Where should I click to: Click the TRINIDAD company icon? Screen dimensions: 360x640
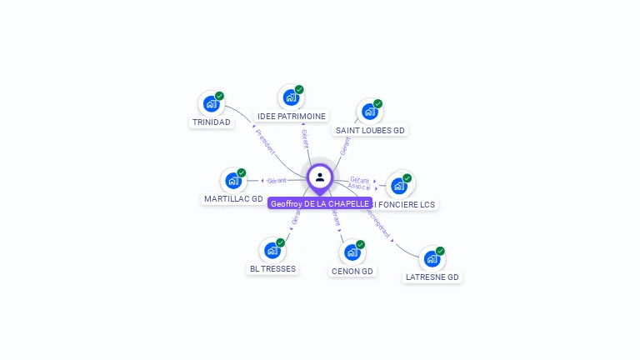tap(210, 105)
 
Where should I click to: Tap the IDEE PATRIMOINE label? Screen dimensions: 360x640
tap(291, 117)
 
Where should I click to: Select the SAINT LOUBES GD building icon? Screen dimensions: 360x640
tap(368, 112)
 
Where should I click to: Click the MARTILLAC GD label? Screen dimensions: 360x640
tap(233, 199)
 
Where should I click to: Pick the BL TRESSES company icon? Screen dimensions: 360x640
tap(271, 251)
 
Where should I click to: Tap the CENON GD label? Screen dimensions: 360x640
tap(352, 271)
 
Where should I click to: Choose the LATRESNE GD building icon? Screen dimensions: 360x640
tap(431, 259)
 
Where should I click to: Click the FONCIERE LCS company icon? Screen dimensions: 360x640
tap(398, 186)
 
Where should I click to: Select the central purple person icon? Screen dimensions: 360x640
tap(320, 177)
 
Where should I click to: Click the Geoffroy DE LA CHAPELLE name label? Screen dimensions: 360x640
tap(320, 203)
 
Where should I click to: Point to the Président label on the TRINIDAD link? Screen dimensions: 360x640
tap(265, 141)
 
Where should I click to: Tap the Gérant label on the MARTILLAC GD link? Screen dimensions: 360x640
tap(277, 180)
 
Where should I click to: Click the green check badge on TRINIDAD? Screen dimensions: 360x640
tap(219, 96)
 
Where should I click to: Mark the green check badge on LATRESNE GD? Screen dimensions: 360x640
tap(440, 251)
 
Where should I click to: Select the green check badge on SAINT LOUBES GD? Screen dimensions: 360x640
tap(377, 104)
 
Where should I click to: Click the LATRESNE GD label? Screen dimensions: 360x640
tap(432, 277)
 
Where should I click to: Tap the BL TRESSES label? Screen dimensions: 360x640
tap(272, 269)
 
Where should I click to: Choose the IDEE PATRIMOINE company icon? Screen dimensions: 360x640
tap(290, 98)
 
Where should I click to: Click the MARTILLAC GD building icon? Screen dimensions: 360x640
tap(233, 181)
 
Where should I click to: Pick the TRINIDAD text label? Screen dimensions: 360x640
tap(211, 122)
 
